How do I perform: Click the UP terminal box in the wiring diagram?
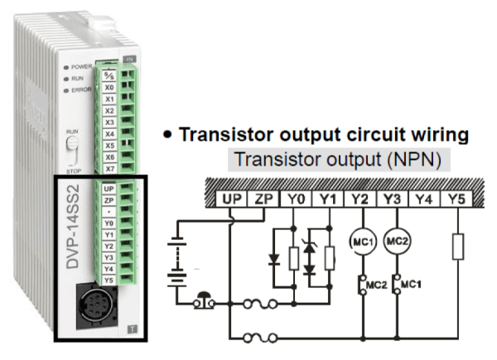click(230, 199)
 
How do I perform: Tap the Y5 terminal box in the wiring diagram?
click(455, 199)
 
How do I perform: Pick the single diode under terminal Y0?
click(276, 259)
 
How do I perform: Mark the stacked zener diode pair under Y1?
click(311, 258)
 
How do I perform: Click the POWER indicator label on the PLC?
click(82, 66)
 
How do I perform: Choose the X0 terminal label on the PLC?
click(109, 87)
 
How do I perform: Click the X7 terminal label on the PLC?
click(109, 168)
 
